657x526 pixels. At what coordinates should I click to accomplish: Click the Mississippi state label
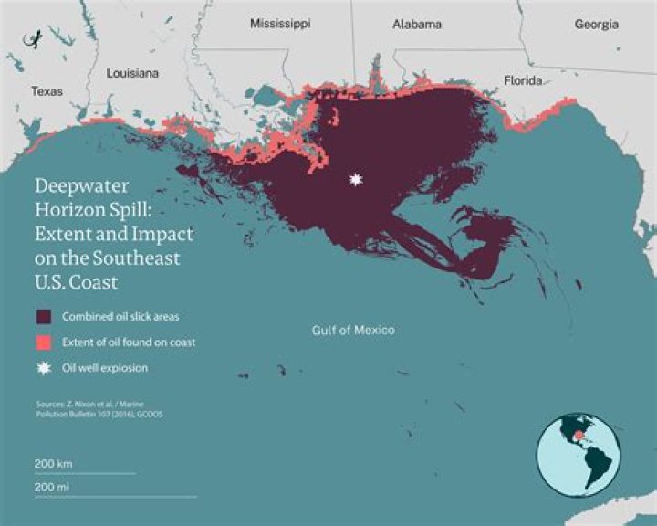coord(280,24)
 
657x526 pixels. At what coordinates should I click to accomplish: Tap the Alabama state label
coord(417,24)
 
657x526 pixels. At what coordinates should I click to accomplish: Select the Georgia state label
coord(596,24)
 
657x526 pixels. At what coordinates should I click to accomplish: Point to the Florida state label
coord(523,81)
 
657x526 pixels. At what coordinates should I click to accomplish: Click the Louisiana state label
coord(133,72)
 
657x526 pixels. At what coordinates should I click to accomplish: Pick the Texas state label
coord(47,91)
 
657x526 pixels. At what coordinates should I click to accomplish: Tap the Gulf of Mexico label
coord(353,330)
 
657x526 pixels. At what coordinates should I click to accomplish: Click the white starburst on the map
coord(355,180)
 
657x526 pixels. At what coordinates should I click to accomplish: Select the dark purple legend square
coord(43,317)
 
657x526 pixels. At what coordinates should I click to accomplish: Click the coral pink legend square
coord(43,342)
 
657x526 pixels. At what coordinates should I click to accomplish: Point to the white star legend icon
coord(43,368)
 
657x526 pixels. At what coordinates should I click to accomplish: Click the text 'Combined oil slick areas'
coord(119,317)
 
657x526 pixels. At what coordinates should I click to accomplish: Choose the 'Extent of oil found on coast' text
coord(129,342)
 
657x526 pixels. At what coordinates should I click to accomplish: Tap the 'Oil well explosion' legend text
coord(105,368)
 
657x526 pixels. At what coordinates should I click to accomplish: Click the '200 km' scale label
coord(54,464)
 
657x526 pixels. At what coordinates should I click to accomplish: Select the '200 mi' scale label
coord(53,487)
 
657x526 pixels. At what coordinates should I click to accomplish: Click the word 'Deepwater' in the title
coord(79,185)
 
